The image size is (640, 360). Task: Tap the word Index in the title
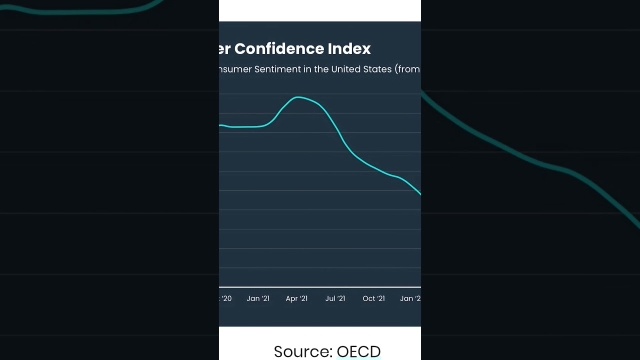(349, 49)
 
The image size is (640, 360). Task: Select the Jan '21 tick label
(258, 298)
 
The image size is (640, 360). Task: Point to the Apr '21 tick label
(296, 298)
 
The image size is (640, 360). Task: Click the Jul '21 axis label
(335, 298)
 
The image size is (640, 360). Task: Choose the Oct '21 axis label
(373, 298)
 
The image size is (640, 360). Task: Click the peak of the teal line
(298, 97)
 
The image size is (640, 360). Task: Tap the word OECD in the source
(358, 351)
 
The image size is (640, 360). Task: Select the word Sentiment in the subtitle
(277, 69)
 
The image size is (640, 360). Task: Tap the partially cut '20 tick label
(225, 298)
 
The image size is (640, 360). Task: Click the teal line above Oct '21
(373, 167)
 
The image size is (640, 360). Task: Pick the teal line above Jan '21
(258, 126)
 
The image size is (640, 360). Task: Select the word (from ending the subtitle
(407, 69)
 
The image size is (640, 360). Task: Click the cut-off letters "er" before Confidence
(224, 49)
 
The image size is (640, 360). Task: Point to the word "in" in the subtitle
(307, 69)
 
